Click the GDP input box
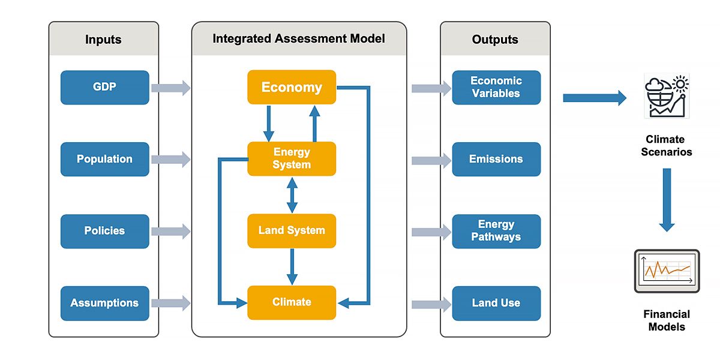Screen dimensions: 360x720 (104, 88)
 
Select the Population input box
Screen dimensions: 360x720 (104, 159)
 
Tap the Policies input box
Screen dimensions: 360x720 (104, 231)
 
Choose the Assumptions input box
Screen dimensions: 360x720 (104, 303)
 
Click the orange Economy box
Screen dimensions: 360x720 (292, 88)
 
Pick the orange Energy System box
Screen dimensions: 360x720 (292, 159)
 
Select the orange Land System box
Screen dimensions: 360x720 (292, 230)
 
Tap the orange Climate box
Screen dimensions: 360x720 (292, 302)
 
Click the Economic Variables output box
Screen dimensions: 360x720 (496, 88)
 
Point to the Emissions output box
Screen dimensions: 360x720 (496, 159)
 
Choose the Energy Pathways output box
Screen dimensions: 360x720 (496, 231)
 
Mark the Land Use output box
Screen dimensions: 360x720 (496, 303)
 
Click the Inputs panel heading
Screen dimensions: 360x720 (103, 40)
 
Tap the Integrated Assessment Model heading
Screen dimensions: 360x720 (299, 39)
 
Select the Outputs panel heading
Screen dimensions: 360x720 (495, 40)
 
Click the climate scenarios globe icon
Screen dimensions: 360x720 (667, 97)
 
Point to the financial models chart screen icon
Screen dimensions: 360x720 (667, 271)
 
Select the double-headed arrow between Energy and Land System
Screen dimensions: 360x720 (292, 195)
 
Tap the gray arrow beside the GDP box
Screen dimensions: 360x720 (170, 88)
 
